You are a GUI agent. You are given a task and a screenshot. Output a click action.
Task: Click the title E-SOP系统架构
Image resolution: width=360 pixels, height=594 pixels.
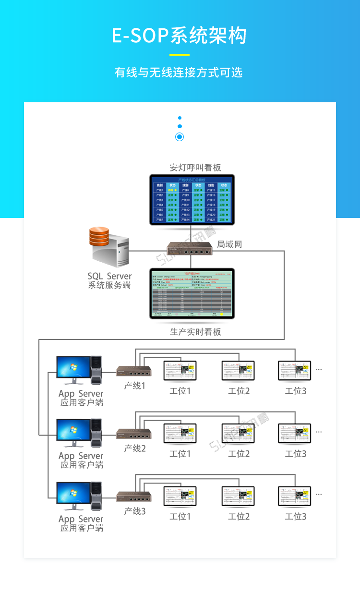pyautogui.click(x=180, y=36)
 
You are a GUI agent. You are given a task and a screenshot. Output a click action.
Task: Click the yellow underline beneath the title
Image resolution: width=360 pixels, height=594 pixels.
pyautogui.click(x=180, y=54)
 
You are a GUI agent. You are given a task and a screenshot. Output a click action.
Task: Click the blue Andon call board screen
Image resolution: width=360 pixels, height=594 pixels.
pyautogui.click(x=192, y=200)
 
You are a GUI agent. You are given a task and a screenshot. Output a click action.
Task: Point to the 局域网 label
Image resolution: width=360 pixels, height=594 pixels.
pyautogui.click(x=229, y=244)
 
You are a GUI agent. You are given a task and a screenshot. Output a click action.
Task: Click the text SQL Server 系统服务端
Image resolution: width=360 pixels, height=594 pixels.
pyautogui.click(x=109, y=280)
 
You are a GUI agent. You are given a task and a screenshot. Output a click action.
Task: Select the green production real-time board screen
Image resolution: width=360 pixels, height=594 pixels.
pyautogui.click(x=192, y=293)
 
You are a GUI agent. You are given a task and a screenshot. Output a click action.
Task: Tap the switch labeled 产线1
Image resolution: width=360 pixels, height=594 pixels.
pyautogui.click(x=134, y=371)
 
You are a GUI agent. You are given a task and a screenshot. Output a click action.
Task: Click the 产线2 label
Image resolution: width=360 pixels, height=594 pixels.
pyautogui.click(x=135, y=449)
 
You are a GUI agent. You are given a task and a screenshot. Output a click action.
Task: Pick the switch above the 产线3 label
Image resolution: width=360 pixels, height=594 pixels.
pyautogui.click(x=134, y=497)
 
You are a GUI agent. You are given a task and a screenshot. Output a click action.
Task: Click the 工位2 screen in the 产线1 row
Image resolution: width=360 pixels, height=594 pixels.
pyautogui.click(x=238, y=371)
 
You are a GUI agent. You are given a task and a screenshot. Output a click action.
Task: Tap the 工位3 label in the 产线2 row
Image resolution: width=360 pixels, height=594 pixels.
pyautogui.click(x=296, y=454)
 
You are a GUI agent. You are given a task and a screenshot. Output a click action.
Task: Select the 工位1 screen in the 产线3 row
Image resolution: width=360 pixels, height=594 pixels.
pyautogui.click(x=180, y=496)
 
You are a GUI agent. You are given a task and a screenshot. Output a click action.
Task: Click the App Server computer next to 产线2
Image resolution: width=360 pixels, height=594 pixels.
pyautogui.click(x=79, y=433)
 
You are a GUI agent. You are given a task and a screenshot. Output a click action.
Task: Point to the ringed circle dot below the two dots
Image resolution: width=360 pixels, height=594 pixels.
pyautogui.click(x=180, y=137)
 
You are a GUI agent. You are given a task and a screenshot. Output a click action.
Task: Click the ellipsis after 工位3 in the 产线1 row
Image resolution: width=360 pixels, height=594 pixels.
pyautogui.click(x=319, y=370)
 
